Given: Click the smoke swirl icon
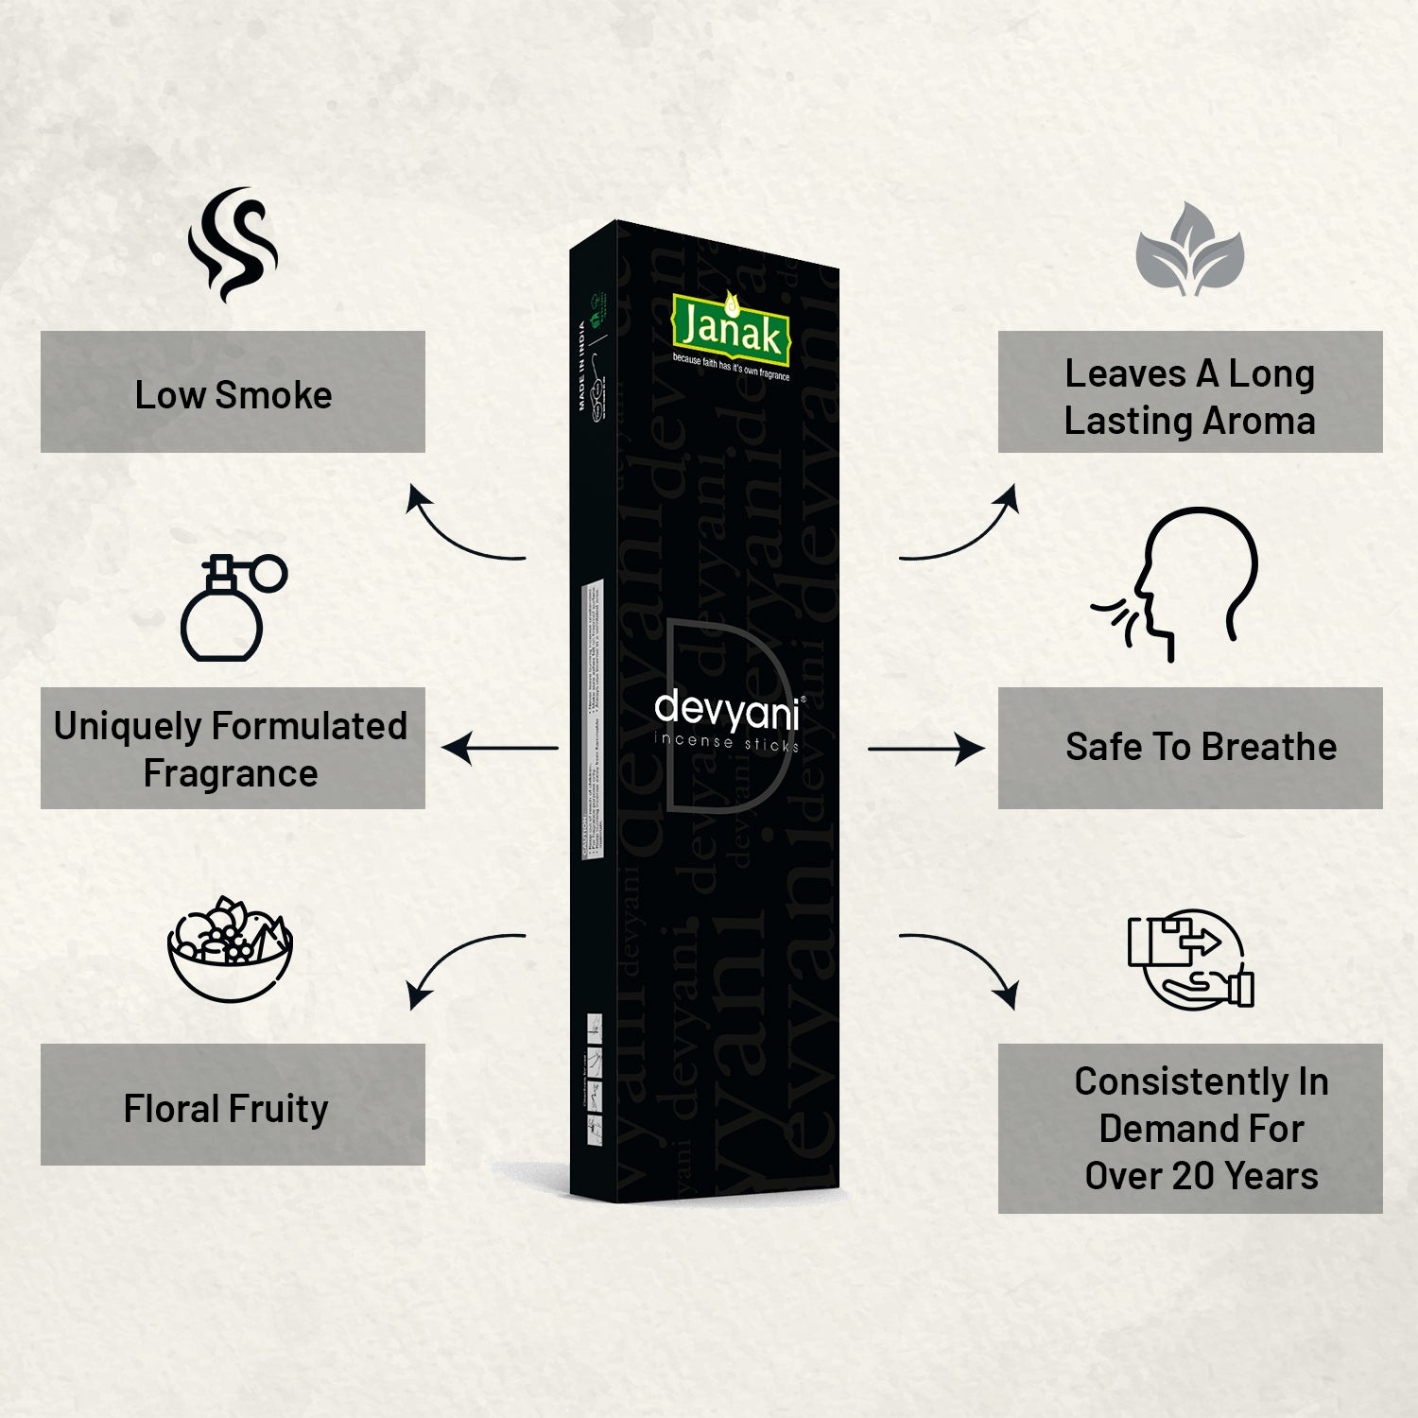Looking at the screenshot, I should (x=233, y=245).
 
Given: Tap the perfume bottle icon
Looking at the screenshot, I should (x=232, y=608).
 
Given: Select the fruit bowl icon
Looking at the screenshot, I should (x=231, y=948).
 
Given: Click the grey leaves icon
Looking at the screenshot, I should (x=1189, y=250).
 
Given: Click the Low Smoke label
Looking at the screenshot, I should (x=233, y=394).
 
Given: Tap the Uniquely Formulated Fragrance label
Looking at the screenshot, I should (x=232, y=749).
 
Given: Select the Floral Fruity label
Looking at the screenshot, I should (x=227, y=1108).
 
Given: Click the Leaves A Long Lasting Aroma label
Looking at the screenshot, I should (x=1189, y=397).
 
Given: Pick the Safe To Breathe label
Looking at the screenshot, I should (x=1201, y=747).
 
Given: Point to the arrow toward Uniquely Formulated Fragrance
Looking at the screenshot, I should (x=500, y=748).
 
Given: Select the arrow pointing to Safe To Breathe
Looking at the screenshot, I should (x=926, y=749).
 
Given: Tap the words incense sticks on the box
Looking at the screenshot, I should (x=726, y=742).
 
